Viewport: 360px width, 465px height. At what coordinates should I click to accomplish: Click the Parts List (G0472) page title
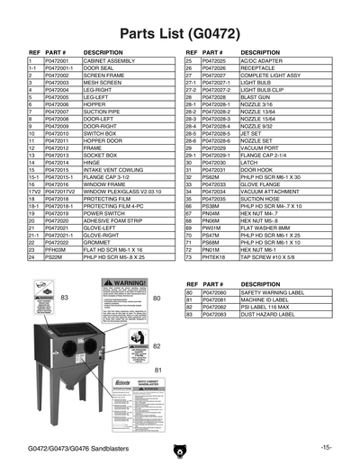tap(179, 33)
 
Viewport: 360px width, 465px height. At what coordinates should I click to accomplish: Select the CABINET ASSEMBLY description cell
tap(108, 61)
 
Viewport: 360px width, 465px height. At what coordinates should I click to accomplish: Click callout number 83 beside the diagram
tap(64, 296)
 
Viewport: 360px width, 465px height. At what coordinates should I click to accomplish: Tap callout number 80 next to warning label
tap(157, 296)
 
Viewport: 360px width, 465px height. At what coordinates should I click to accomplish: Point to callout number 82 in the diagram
tap(157, 344)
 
